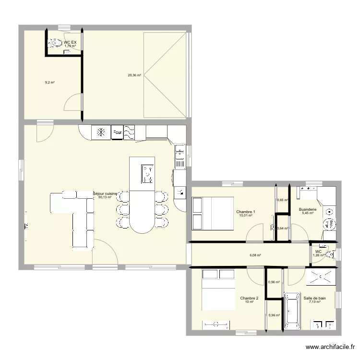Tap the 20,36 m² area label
(x=134, y=75)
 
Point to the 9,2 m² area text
(x=49, y=83)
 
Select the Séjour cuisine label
(x=105, y=193)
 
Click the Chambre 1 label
(x=246, y=212)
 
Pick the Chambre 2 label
(x=249, y=298)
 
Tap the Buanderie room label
(x=307, y=209)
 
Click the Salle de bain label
(x=314, y=298)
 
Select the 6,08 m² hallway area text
(x=255, y=255)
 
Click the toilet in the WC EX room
(x=52, y=44)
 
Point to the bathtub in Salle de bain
(x=291, y=310)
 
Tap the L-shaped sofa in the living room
(x=77, y=216)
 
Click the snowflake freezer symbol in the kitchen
(x=101, y=132)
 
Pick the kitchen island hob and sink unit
(x=146, y=174)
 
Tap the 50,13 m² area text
(x=105, y=197)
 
